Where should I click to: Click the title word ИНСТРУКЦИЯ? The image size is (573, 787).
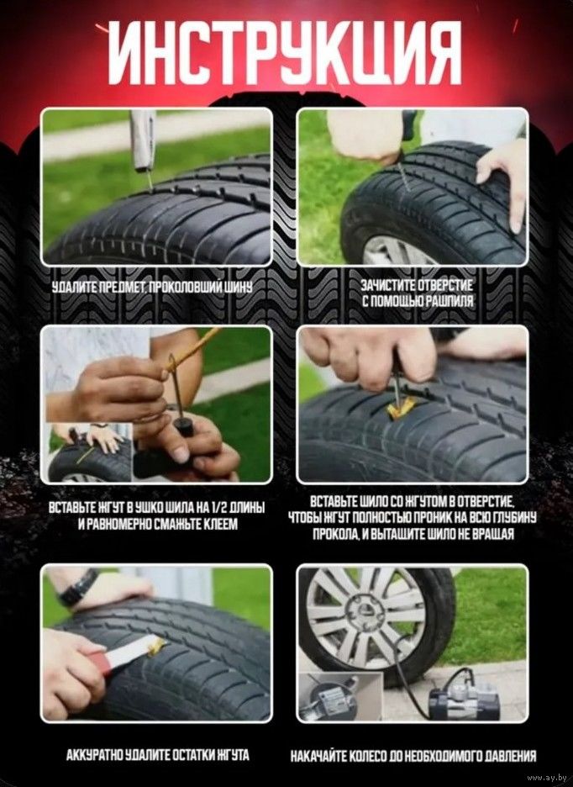point(285,53)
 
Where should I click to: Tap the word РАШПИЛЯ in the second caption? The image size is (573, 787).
point(449,301)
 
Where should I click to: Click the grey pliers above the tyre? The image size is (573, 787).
point(143,142)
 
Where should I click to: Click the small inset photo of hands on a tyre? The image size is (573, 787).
point(89,452)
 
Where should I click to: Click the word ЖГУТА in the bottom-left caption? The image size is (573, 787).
point(233,755)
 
